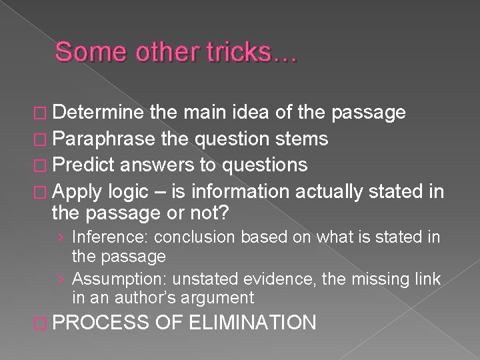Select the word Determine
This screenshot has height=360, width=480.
click(98, 113)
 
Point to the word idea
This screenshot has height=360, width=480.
click(233, 113)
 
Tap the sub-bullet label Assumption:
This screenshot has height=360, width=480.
click(111, 279)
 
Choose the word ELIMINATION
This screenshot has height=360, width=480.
click(253, 324)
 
